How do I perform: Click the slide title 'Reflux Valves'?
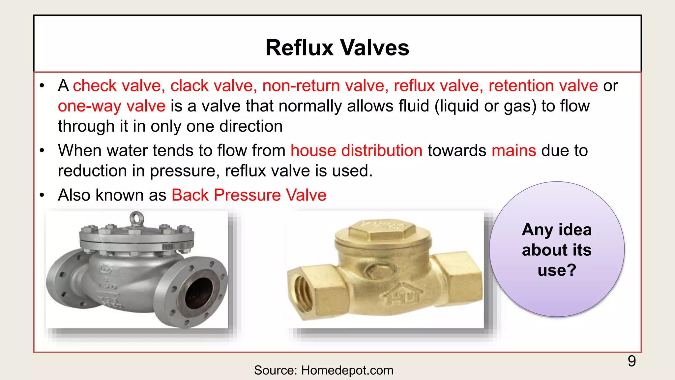337,48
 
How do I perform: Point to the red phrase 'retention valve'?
543,86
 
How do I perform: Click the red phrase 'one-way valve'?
111,106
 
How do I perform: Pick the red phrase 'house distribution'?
356,151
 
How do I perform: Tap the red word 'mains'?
514,151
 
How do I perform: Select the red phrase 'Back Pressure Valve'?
249,195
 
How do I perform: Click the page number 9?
631,361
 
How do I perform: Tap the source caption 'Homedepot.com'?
347,370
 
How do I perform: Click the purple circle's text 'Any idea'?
557,230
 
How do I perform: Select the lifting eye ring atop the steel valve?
136,218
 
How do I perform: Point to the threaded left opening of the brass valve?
302,290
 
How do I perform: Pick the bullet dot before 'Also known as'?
42,195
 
